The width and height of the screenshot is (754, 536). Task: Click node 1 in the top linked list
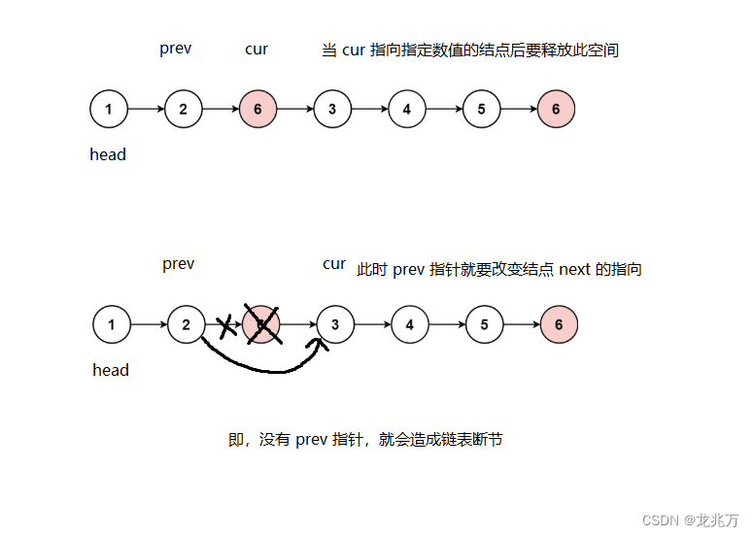pyautogui.click(x=108, y=109)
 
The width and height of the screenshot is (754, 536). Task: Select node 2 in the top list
pyautogui.click(x=183, y=109)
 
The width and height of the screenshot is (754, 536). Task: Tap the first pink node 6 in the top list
pyautogui.click(x=257, y=109)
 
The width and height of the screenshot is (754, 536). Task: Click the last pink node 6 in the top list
pyautogui.click(x=556, y=109)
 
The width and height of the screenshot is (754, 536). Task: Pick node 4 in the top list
pyautogui.click(x=406, y=109)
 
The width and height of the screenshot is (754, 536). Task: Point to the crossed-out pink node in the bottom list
pyautogui.click(x=261, y=324)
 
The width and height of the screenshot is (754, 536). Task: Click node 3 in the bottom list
pyautogui.click(x=335, y=324)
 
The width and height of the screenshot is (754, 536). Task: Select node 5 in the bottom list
pyautogui.click(x=484, y=324)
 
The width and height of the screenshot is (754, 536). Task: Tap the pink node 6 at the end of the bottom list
pyautogui.click(x=559, y=324)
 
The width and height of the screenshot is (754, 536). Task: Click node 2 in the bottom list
pyautogui.click(x=187, y=324)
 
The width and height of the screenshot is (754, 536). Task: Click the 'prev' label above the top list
pyautogui.click(x=176, y=49)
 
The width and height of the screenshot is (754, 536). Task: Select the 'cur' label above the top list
pyautogui.click(x=257, y=49)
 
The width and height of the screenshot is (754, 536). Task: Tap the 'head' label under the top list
pyautogui.click(x=108, y=154)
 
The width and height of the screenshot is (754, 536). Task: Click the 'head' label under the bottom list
pyautogui.click(x=111, y=370)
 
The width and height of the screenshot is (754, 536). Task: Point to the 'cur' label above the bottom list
pyautogui.click(x=334, y=264)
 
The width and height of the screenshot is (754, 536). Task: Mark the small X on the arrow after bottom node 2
pyautogui.click(x=226, y=326)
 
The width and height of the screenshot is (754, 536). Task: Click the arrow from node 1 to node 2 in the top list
pyautogui.click(x=146, y=109)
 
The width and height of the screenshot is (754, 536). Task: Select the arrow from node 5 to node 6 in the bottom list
pyautogui.click(x=522, y=324)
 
